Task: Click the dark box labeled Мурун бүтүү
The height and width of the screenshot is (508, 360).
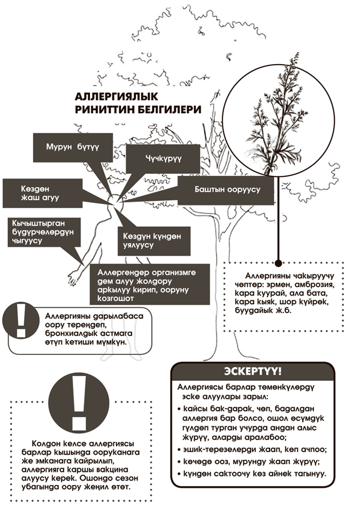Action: [73, 147]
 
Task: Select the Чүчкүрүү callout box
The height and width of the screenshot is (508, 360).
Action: [163, 159]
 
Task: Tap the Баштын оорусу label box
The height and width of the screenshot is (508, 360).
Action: [226, 190]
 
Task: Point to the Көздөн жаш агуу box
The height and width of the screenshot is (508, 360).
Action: [42, 193]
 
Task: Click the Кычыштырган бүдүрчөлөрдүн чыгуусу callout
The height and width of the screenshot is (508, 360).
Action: [44, 232]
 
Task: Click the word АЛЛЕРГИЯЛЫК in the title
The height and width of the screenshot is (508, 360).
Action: [116, 96]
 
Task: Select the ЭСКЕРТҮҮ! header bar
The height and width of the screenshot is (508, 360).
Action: [253, 372]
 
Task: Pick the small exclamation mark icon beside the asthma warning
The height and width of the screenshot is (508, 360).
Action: [21, 320]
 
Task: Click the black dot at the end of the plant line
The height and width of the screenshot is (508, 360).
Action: [278, 263]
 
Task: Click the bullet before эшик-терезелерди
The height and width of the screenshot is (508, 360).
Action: [179, 450]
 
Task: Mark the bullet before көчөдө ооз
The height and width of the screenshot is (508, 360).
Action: [179, 462]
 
